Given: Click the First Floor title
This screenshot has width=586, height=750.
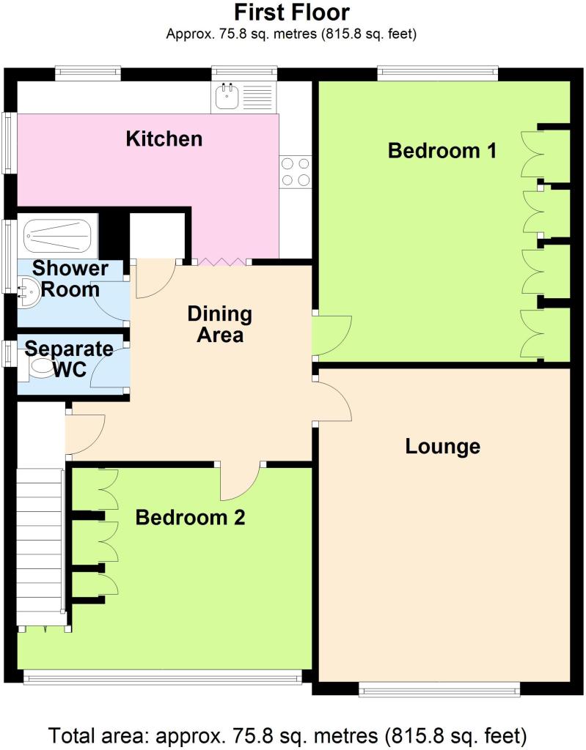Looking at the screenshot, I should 292,12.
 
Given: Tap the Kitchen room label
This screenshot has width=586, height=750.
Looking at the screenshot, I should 164,138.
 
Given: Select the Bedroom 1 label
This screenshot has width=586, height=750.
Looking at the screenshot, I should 442,151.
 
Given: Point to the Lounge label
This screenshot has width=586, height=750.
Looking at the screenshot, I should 442,446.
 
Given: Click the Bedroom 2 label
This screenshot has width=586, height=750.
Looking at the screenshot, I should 190,517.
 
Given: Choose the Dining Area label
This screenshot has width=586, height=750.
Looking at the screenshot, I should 219,324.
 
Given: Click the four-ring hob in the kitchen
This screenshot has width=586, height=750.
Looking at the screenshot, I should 296,171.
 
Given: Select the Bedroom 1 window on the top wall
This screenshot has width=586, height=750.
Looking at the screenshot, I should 438,73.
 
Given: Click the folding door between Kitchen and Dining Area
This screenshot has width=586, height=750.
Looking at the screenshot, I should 222,261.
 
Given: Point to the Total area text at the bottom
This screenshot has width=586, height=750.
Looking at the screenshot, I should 287,734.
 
